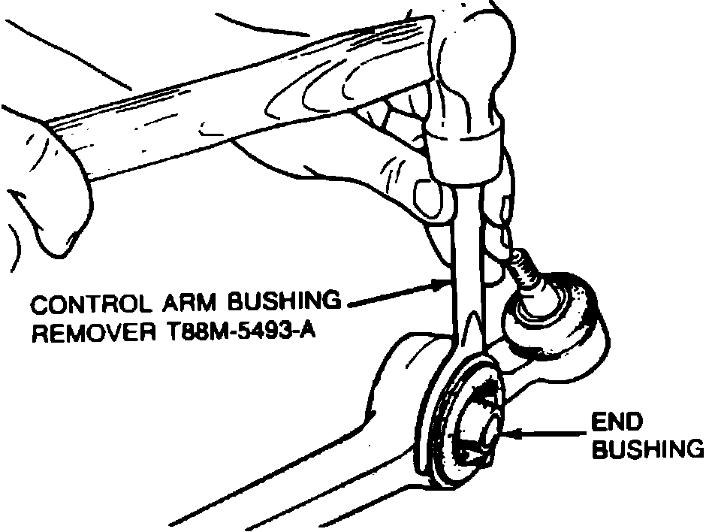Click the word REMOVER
coord(85,331)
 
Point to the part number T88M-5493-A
coord(240,331)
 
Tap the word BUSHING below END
coord(648,449)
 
